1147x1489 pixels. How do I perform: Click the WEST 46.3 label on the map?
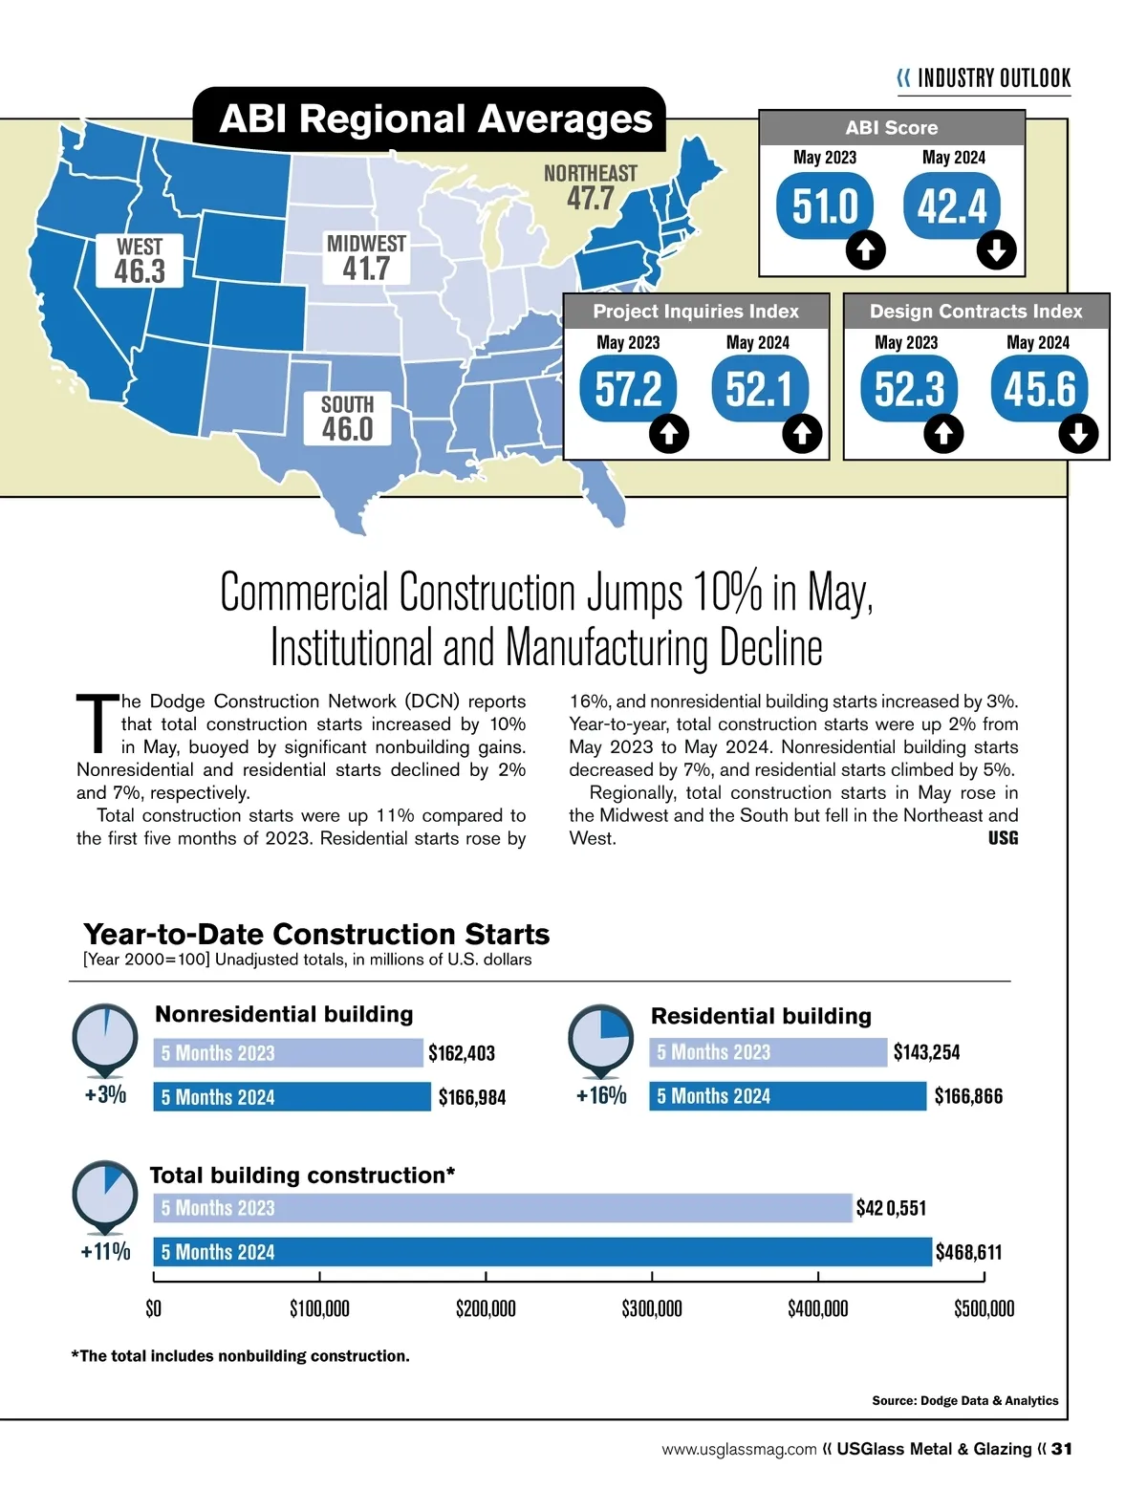(140, 261)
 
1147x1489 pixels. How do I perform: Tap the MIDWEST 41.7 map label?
(366, 258)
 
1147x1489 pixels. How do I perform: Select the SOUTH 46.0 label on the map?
(347, 419)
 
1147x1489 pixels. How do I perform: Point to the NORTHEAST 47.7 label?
(590, 187)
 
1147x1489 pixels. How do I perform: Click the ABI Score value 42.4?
(952, 206)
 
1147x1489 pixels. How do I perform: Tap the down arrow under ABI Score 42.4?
(996, 250)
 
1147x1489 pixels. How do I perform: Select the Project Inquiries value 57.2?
(628, 389)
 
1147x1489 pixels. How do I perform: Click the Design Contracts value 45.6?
(1039, 389)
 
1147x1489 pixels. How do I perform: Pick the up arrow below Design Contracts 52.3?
(943, 434)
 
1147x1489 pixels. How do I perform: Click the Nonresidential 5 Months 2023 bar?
(288, 1053)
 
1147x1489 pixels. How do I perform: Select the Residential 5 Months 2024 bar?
(788, 1096)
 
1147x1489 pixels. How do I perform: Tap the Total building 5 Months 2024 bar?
(542, 1252)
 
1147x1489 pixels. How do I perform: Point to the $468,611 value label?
(968, 1252)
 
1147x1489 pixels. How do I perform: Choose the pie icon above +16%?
(600, 1037)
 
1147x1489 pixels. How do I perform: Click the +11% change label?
(105, 1252)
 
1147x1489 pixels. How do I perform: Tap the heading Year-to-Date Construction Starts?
(316, 934)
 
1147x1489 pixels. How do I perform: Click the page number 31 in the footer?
(1061, 1449)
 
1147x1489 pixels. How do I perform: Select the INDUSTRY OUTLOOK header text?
(993, 78)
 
